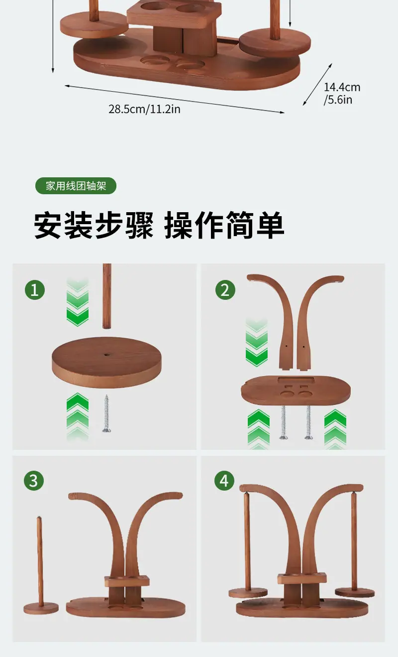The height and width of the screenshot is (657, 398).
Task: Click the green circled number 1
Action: [35, 290]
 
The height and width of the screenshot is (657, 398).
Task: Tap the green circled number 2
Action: [225, 290]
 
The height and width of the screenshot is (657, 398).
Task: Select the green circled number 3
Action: [34, 481]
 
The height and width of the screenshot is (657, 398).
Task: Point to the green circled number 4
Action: [224, 481]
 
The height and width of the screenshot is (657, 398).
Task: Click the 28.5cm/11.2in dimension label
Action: [144, 109]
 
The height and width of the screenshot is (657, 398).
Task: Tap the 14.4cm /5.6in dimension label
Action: [342, 93]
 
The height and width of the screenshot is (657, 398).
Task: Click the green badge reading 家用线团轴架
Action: [76, 186]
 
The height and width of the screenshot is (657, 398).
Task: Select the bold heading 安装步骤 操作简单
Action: [159, 225]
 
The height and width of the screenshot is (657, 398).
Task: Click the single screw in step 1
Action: [106, 413]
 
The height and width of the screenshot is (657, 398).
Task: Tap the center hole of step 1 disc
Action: [106, 355]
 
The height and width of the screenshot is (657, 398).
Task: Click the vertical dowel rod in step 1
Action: [107, 296]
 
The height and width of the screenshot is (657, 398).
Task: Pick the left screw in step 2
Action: [284, 422]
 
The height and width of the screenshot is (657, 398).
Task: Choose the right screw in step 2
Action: [308, 422]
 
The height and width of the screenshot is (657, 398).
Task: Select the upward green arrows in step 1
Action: [78, 416]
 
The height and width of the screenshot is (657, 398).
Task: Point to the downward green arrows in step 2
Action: [257, 342]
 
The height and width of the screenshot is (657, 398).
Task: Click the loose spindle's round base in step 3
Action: [41, 608]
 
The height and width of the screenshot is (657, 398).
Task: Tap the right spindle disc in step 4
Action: [355, 592]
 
